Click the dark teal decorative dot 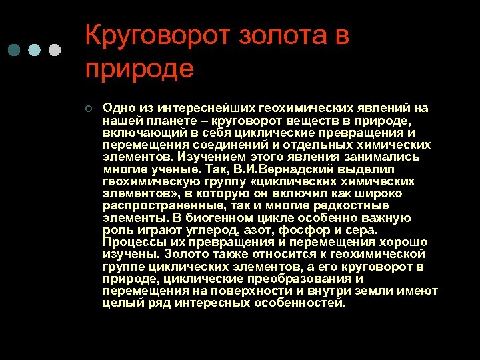click(15, 50)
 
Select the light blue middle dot click(35, 50)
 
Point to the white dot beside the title click(55, 50)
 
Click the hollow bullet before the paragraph click(89, 109)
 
